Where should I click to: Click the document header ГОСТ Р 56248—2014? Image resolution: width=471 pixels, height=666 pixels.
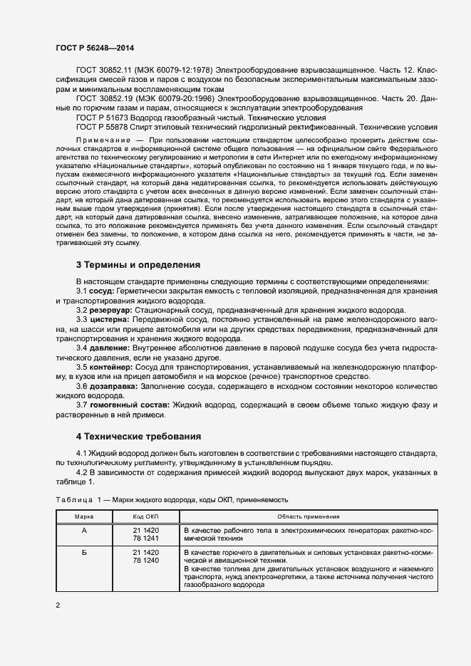coord(95,48)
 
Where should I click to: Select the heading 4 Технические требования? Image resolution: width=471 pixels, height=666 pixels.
coord(138,436)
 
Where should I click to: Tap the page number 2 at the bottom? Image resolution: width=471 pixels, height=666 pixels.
coord(58,606)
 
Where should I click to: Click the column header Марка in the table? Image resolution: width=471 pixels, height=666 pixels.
coord(85,516)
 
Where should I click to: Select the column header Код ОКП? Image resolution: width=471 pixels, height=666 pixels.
coord(145,516)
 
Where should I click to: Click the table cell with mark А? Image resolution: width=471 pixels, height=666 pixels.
coord(85,531)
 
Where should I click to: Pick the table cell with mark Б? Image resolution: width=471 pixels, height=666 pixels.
coord(85,553)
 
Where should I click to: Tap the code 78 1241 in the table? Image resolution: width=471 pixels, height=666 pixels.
coord(146,539)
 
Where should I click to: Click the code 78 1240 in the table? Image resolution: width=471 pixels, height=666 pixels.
coord(146,561)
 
